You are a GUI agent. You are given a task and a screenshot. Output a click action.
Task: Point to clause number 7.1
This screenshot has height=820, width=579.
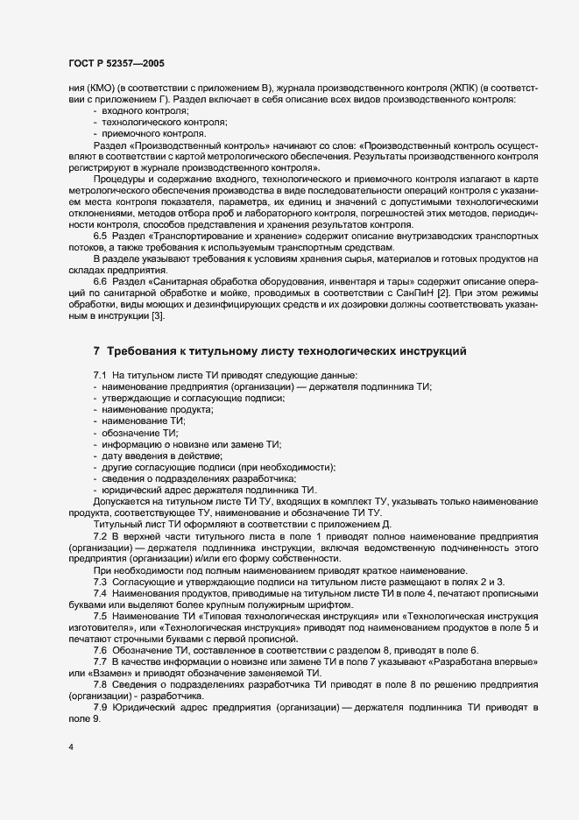[x=101, y=375]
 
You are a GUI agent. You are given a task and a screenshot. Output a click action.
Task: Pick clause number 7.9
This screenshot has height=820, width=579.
[x=101, y=706]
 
